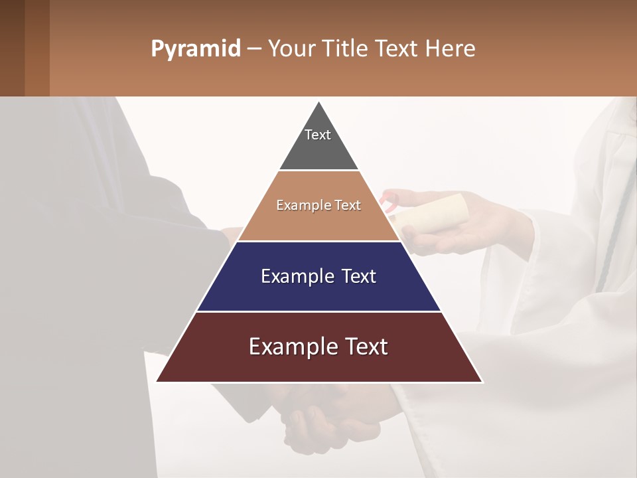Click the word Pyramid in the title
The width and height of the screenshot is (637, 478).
195,49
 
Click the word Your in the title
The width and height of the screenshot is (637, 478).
289,49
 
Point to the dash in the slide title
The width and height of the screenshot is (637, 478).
253,49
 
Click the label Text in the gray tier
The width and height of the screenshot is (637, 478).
318,135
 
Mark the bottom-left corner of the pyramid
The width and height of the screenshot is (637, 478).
157,381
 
